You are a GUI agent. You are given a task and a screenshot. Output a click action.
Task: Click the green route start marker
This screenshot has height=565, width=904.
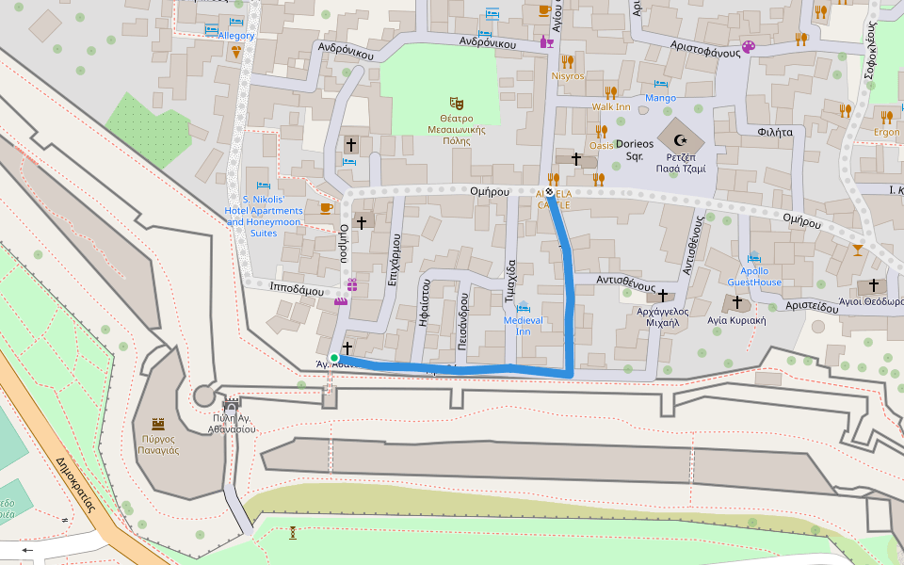(x=334, y=358)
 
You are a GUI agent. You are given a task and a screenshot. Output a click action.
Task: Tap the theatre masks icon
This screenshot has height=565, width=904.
(x=457, y=102)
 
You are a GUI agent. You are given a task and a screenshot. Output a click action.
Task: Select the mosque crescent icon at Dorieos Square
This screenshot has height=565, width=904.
(x=681, y=140)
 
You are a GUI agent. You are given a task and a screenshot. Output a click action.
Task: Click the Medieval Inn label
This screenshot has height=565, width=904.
(x=524, y=326)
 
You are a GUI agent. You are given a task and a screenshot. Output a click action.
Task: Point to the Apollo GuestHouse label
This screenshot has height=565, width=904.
(x=754, y=277)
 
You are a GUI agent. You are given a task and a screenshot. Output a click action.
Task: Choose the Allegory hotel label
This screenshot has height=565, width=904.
(x=236, y=36)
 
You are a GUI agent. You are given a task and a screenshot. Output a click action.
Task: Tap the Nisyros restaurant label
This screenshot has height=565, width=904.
(x=568, y=76)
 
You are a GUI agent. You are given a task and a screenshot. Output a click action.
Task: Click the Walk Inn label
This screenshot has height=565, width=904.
(x=611, y=106)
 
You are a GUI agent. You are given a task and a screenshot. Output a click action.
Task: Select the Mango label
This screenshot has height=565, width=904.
(x=660, y=98)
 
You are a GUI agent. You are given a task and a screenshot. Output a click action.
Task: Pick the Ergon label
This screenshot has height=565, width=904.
(x=886, y=133)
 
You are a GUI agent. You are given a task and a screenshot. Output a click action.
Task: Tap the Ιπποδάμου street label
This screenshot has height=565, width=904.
(x=297, y=290)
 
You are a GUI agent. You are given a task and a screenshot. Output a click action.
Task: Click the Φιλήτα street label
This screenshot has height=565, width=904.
(x=775, y=133)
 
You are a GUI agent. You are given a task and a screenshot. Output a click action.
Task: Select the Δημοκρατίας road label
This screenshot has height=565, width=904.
(x=76, y=482)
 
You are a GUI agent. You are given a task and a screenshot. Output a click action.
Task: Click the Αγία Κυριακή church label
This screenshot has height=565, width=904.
(x=737, y=320)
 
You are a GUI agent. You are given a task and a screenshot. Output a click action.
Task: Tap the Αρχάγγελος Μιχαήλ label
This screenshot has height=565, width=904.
(x=663, y=315)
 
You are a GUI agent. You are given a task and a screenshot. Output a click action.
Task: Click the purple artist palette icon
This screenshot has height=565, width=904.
(x=749, y=46)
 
